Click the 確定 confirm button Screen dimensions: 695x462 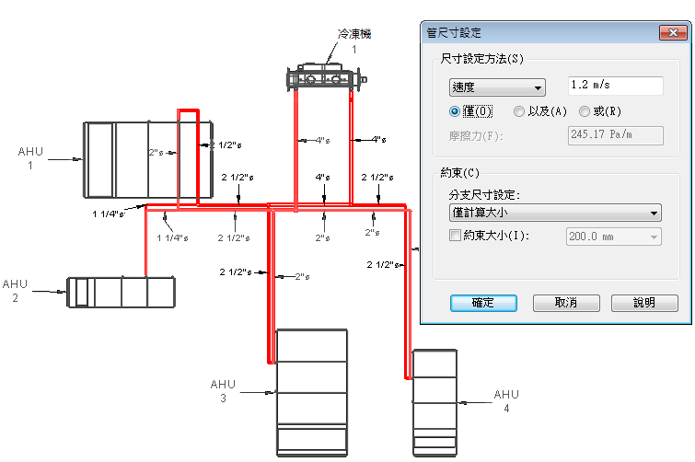[x=483, y=303]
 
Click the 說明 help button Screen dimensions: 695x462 [x=644, y=303]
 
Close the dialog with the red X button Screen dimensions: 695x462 [x=673, y=32]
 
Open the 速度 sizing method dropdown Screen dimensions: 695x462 [x=497, y=87]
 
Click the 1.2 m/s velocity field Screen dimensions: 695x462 [x=615, y=86]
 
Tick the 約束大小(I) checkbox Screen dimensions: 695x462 [x=455, y=236]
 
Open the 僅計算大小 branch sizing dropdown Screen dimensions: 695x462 [x=555, y=213]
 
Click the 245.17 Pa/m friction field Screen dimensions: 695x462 [x=615, y=135]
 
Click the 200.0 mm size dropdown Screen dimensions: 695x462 [x=613, y=237]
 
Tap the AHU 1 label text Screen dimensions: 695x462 [x=30, y=158]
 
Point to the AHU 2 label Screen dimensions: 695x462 [x=15, y=291]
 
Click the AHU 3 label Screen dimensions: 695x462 [x=223, y=391]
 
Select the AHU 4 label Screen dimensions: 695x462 [x=506, y=401]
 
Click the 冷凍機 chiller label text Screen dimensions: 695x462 [x=354, y=34]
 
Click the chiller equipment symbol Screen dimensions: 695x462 [x=326, y=77]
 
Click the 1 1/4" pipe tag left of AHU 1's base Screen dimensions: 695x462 [x=108, y=214]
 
